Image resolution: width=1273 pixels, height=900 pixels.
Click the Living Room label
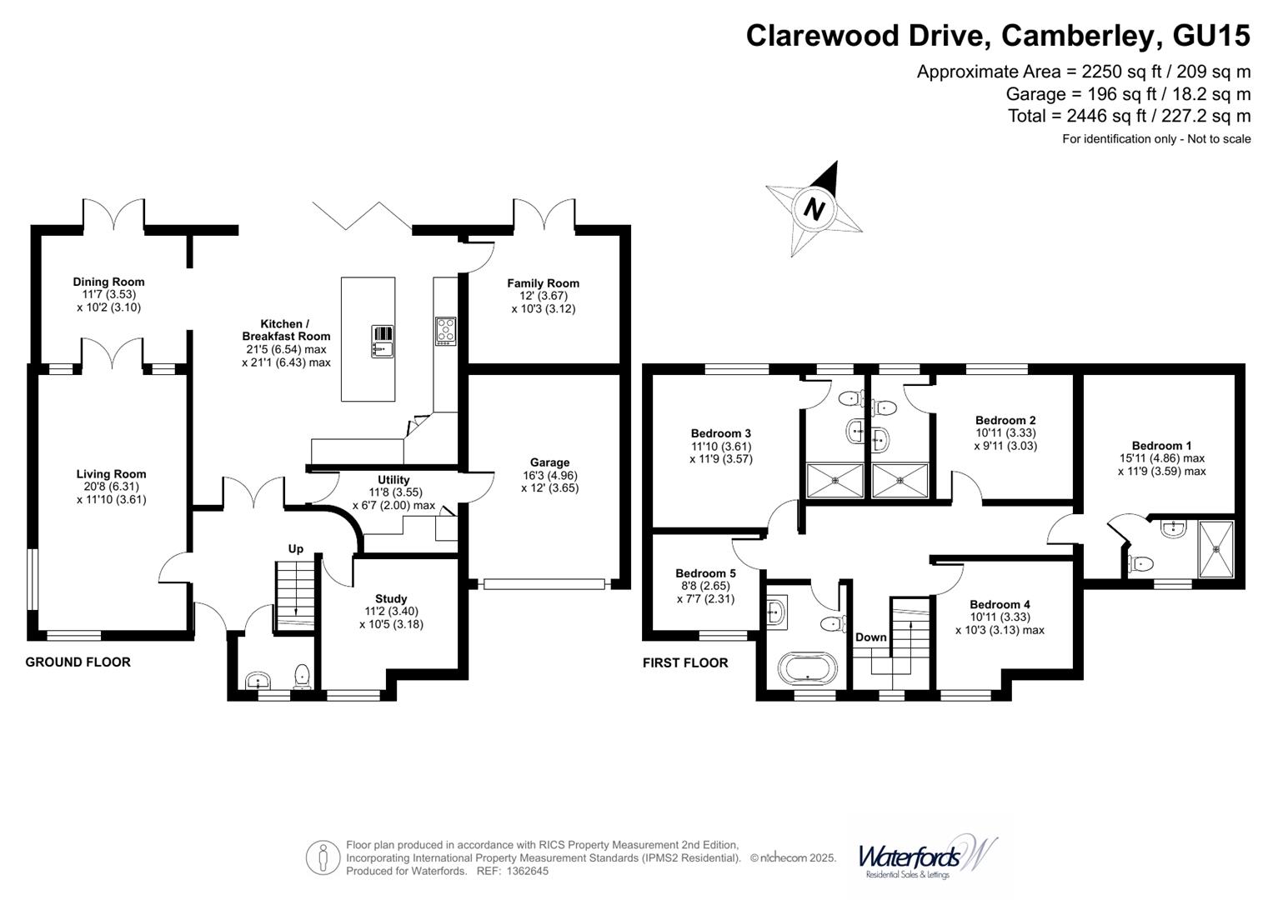pos(111,474)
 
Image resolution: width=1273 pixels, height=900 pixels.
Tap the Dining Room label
pos(108,282)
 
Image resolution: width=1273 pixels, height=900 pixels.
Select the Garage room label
pos(549,462)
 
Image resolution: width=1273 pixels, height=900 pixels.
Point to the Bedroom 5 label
pos(705,573)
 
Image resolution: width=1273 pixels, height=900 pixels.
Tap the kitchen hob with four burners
pos(445,331)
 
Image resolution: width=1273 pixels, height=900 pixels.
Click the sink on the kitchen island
pos(383,341)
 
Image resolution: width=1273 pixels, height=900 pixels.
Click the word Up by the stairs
pos(296,548)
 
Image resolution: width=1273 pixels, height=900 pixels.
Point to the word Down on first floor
pos(871,637)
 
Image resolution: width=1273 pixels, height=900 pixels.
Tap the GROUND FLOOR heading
pos(78,662)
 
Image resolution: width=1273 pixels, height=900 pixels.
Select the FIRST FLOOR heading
pos(685,663)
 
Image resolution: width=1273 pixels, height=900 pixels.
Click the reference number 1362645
pos(523,872)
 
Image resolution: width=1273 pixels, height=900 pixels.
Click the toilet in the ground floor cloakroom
pos(302,675)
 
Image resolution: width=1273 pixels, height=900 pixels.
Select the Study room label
pos(391,598)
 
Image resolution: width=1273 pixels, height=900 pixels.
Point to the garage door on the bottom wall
pos(544,584)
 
